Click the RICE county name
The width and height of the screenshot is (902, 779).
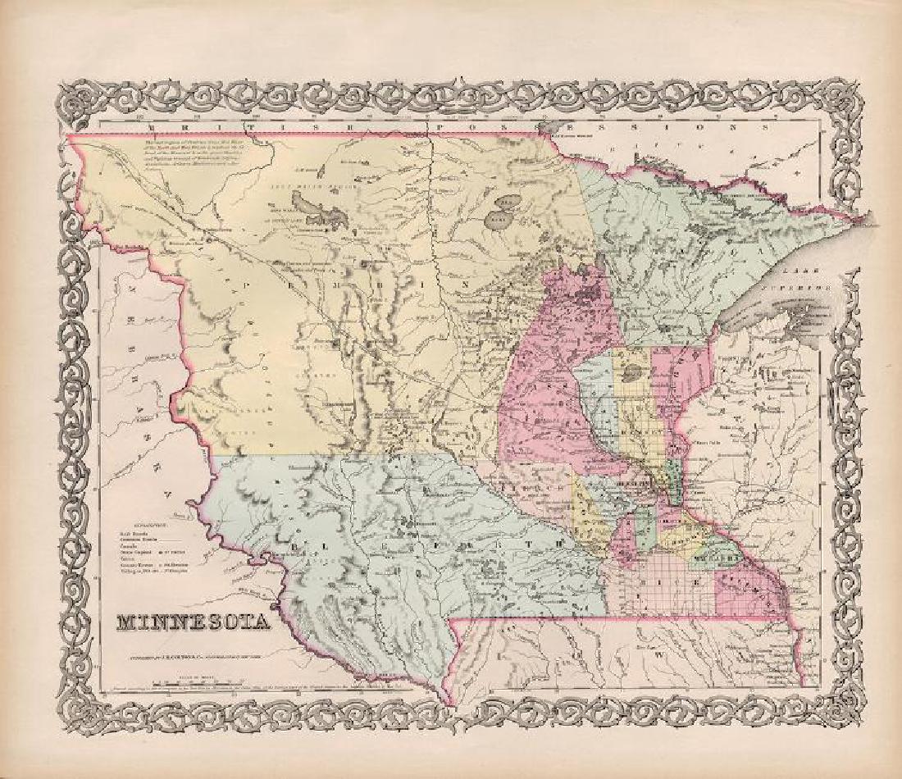[x=655, y=588]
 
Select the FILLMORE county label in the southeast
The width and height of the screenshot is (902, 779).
[x=745, y=584]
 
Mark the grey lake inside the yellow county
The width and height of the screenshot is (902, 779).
[x=631, y=374]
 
